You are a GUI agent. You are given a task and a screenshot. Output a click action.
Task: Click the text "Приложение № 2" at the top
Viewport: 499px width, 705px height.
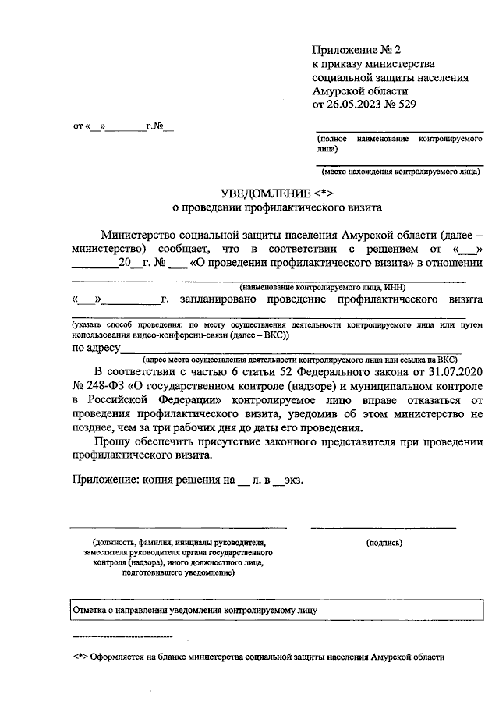tap(351, 48)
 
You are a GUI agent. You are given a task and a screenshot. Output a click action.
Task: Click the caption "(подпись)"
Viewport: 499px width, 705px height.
tap(384, 541)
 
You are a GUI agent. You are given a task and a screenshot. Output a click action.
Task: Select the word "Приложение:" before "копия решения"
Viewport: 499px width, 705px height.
tap(105, 480)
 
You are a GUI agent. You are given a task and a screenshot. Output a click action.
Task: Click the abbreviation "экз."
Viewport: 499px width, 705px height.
tap(292, 480)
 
